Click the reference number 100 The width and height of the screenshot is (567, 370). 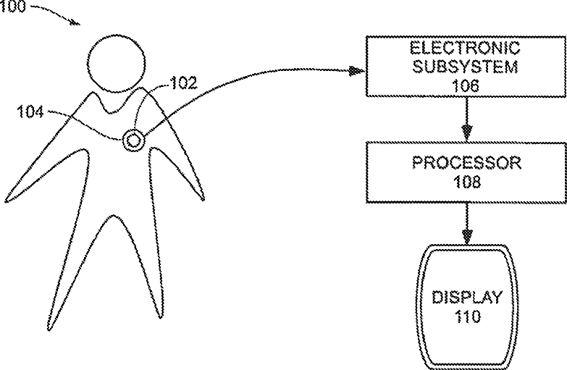click(x=13, y=7)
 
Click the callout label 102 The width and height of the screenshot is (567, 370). click(x=184, y=83)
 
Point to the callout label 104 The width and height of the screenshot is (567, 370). click(x=30, y=112)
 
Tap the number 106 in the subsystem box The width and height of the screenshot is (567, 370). click(x=466, y=86)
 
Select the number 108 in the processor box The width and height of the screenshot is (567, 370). click(x=466, y=182)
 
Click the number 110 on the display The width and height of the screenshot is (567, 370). click(x=467, y=316)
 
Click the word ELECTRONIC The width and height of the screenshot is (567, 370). click(x=465, y=48)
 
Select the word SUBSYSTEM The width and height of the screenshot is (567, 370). click(x=466, y=67)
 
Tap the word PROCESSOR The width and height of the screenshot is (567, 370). click(x=467, y=163)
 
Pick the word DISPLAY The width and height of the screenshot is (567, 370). click(x=467, y=298)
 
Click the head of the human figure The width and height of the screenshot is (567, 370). click(x=117, y=64)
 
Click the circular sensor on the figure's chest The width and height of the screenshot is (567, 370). click(x=133, y=140)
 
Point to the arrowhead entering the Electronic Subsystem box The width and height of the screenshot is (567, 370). click(x=357, y=71)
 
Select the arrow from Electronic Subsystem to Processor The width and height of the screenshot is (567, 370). click(x=467, y=119)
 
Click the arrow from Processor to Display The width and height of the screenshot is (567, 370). click(x=467, y=224)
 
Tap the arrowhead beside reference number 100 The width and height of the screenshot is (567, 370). click(x=75, y=22)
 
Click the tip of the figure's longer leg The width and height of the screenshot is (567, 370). click(x=49, y=329)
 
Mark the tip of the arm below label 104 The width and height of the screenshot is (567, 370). click(x=6, y=201)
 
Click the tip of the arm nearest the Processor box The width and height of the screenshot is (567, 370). click(x=203, y=199)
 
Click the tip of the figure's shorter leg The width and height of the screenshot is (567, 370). click(x=160, y=318)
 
